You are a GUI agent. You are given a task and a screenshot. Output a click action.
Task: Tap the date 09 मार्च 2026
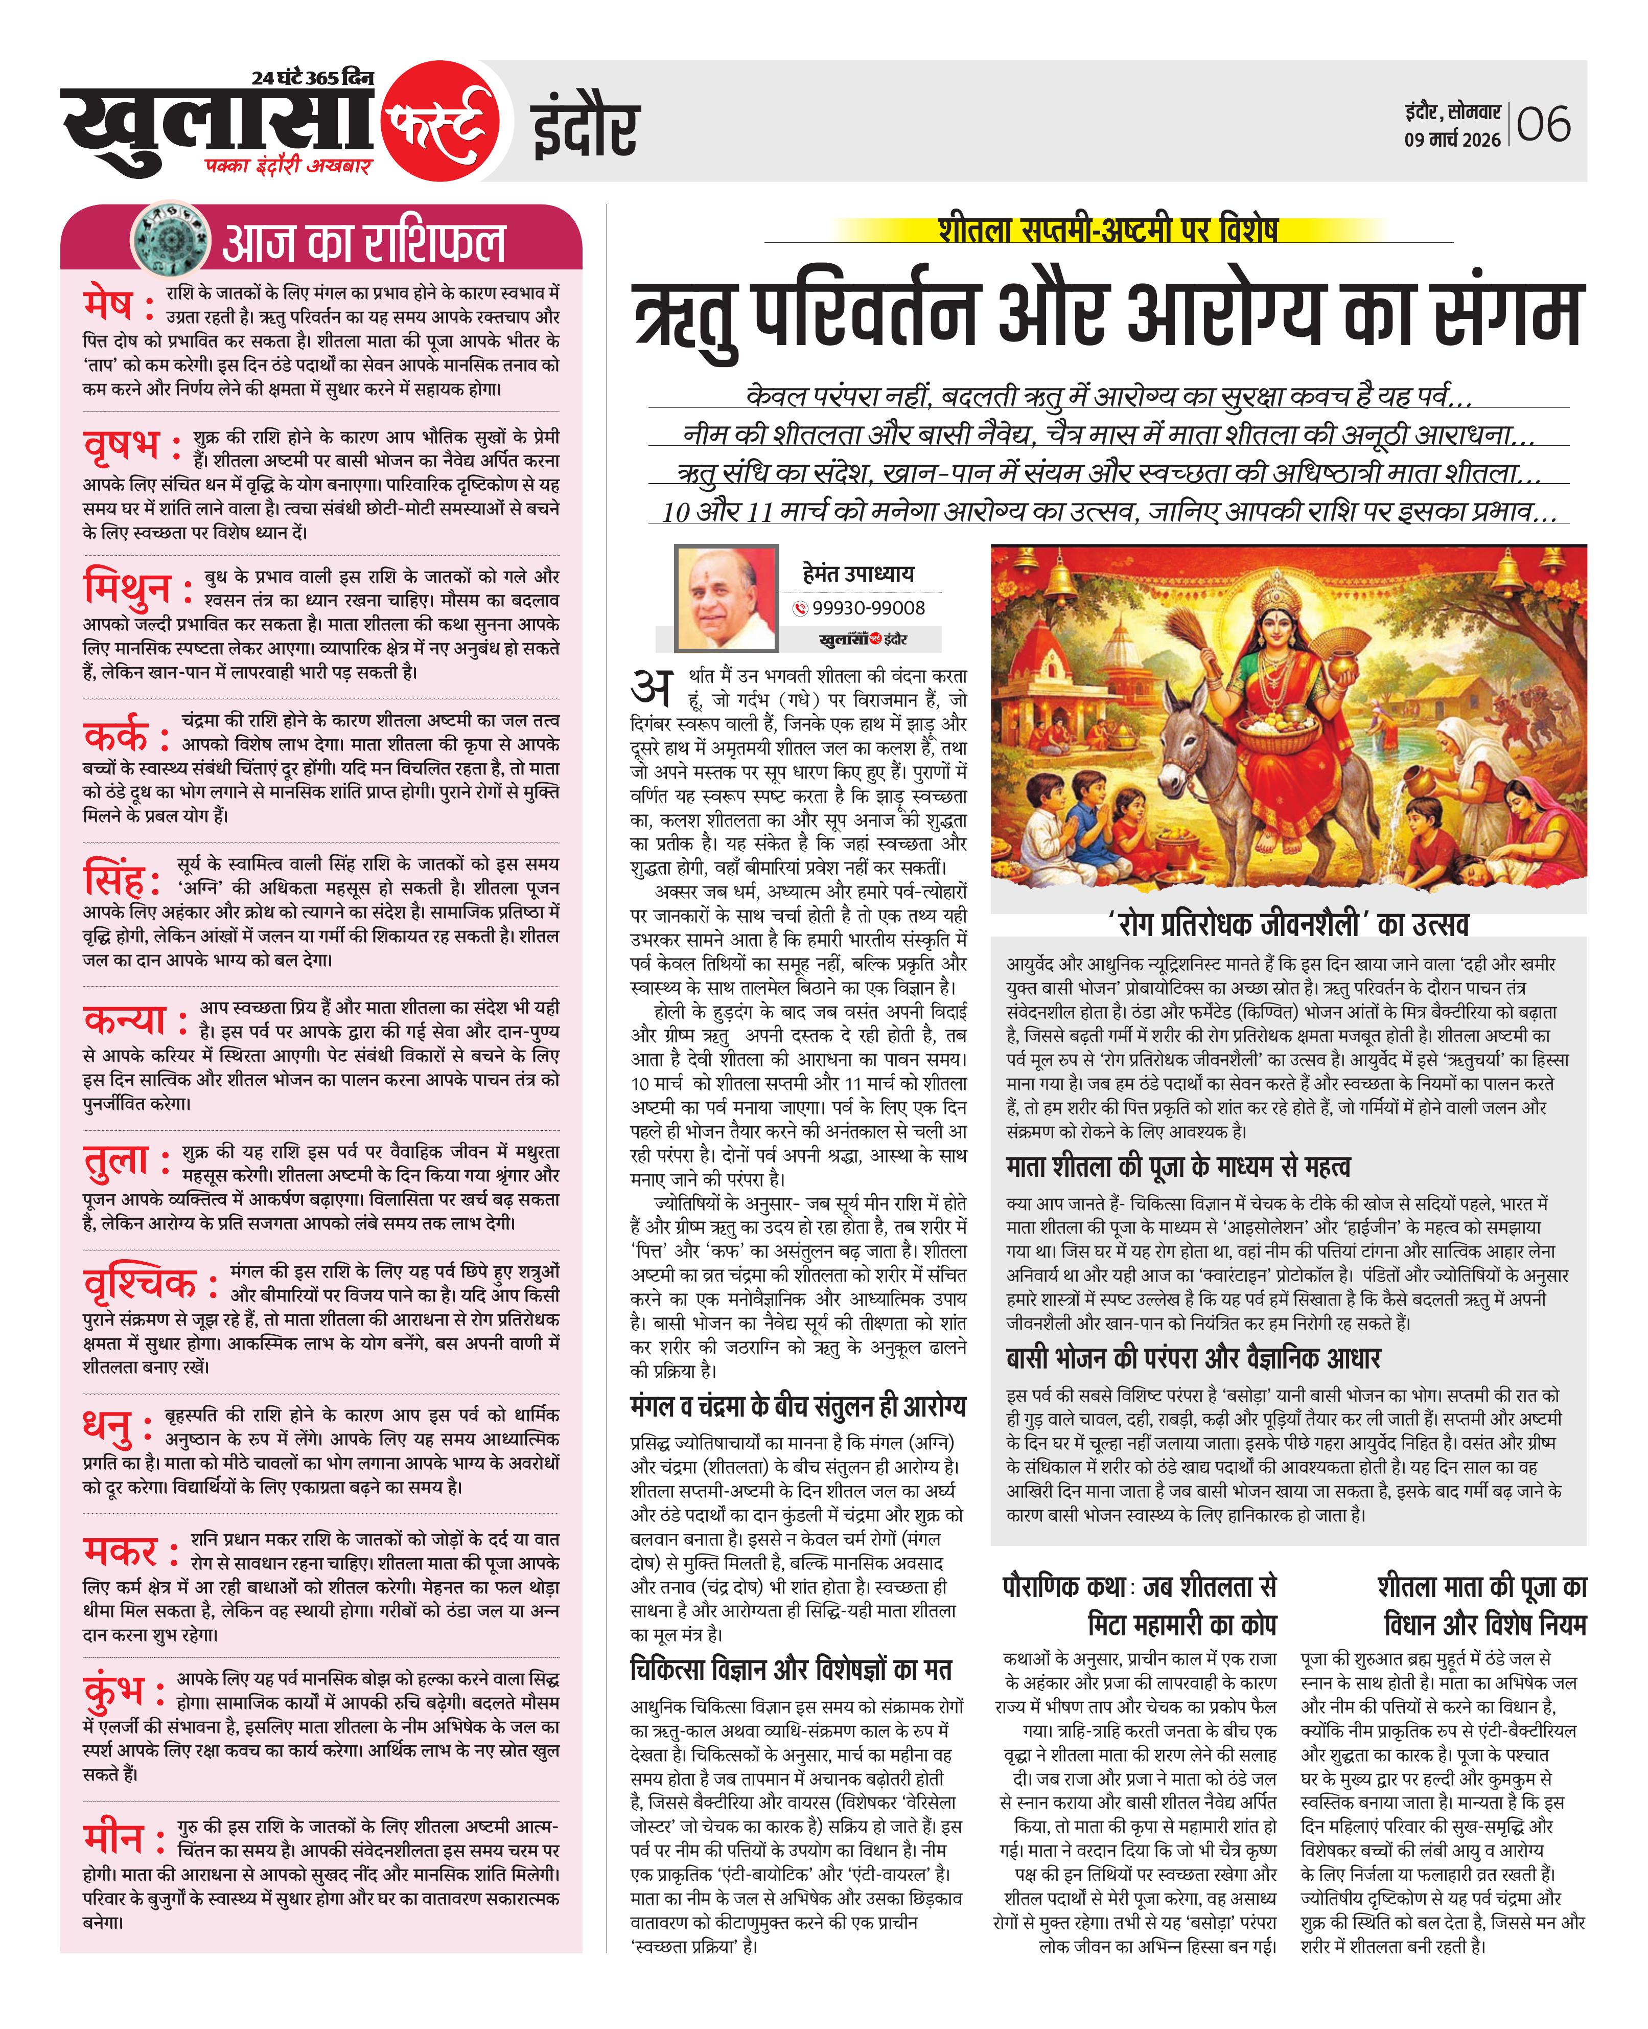[x=1452, y=140]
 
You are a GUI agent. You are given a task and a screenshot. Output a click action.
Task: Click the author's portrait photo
[x=725, y=598]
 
